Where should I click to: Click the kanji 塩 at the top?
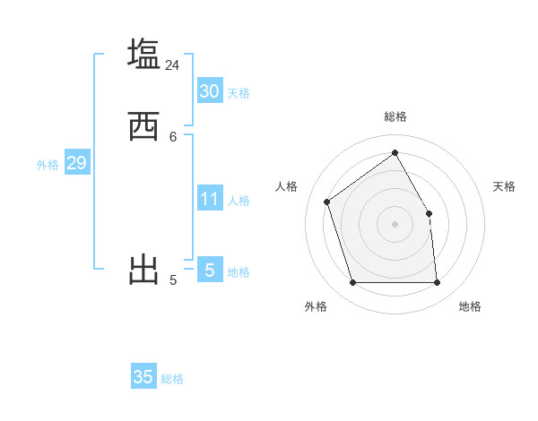tap(143, 54)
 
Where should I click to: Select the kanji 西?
tap(143, 126)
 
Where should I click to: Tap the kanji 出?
tap(143, 270)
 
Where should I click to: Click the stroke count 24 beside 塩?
tap(172, 65)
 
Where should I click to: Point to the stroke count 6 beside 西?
tap(173, 136)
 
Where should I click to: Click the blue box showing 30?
tap(209, 90)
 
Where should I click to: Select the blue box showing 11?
tap(209, 198)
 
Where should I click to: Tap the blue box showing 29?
tap(76, 163)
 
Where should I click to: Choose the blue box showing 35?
tap(143, 377)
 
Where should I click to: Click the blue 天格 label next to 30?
tap(238, 93)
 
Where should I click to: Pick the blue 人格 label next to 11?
tap(239, 201)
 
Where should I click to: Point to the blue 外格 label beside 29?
tap(48, 165)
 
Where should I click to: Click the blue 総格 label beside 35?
tap(172, 380)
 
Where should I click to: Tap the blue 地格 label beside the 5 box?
tap(239, 272)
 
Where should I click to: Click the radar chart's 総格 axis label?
tap(395, 116)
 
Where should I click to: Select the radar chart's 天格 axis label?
tap(504, 186)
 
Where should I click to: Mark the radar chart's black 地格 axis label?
tap(470, 306)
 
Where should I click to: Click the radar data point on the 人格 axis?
tap(327, 202)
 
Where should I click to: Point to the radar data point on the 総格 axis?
tap(395, 152)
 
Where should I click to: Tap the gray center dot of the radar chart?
tap(395, 223)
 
